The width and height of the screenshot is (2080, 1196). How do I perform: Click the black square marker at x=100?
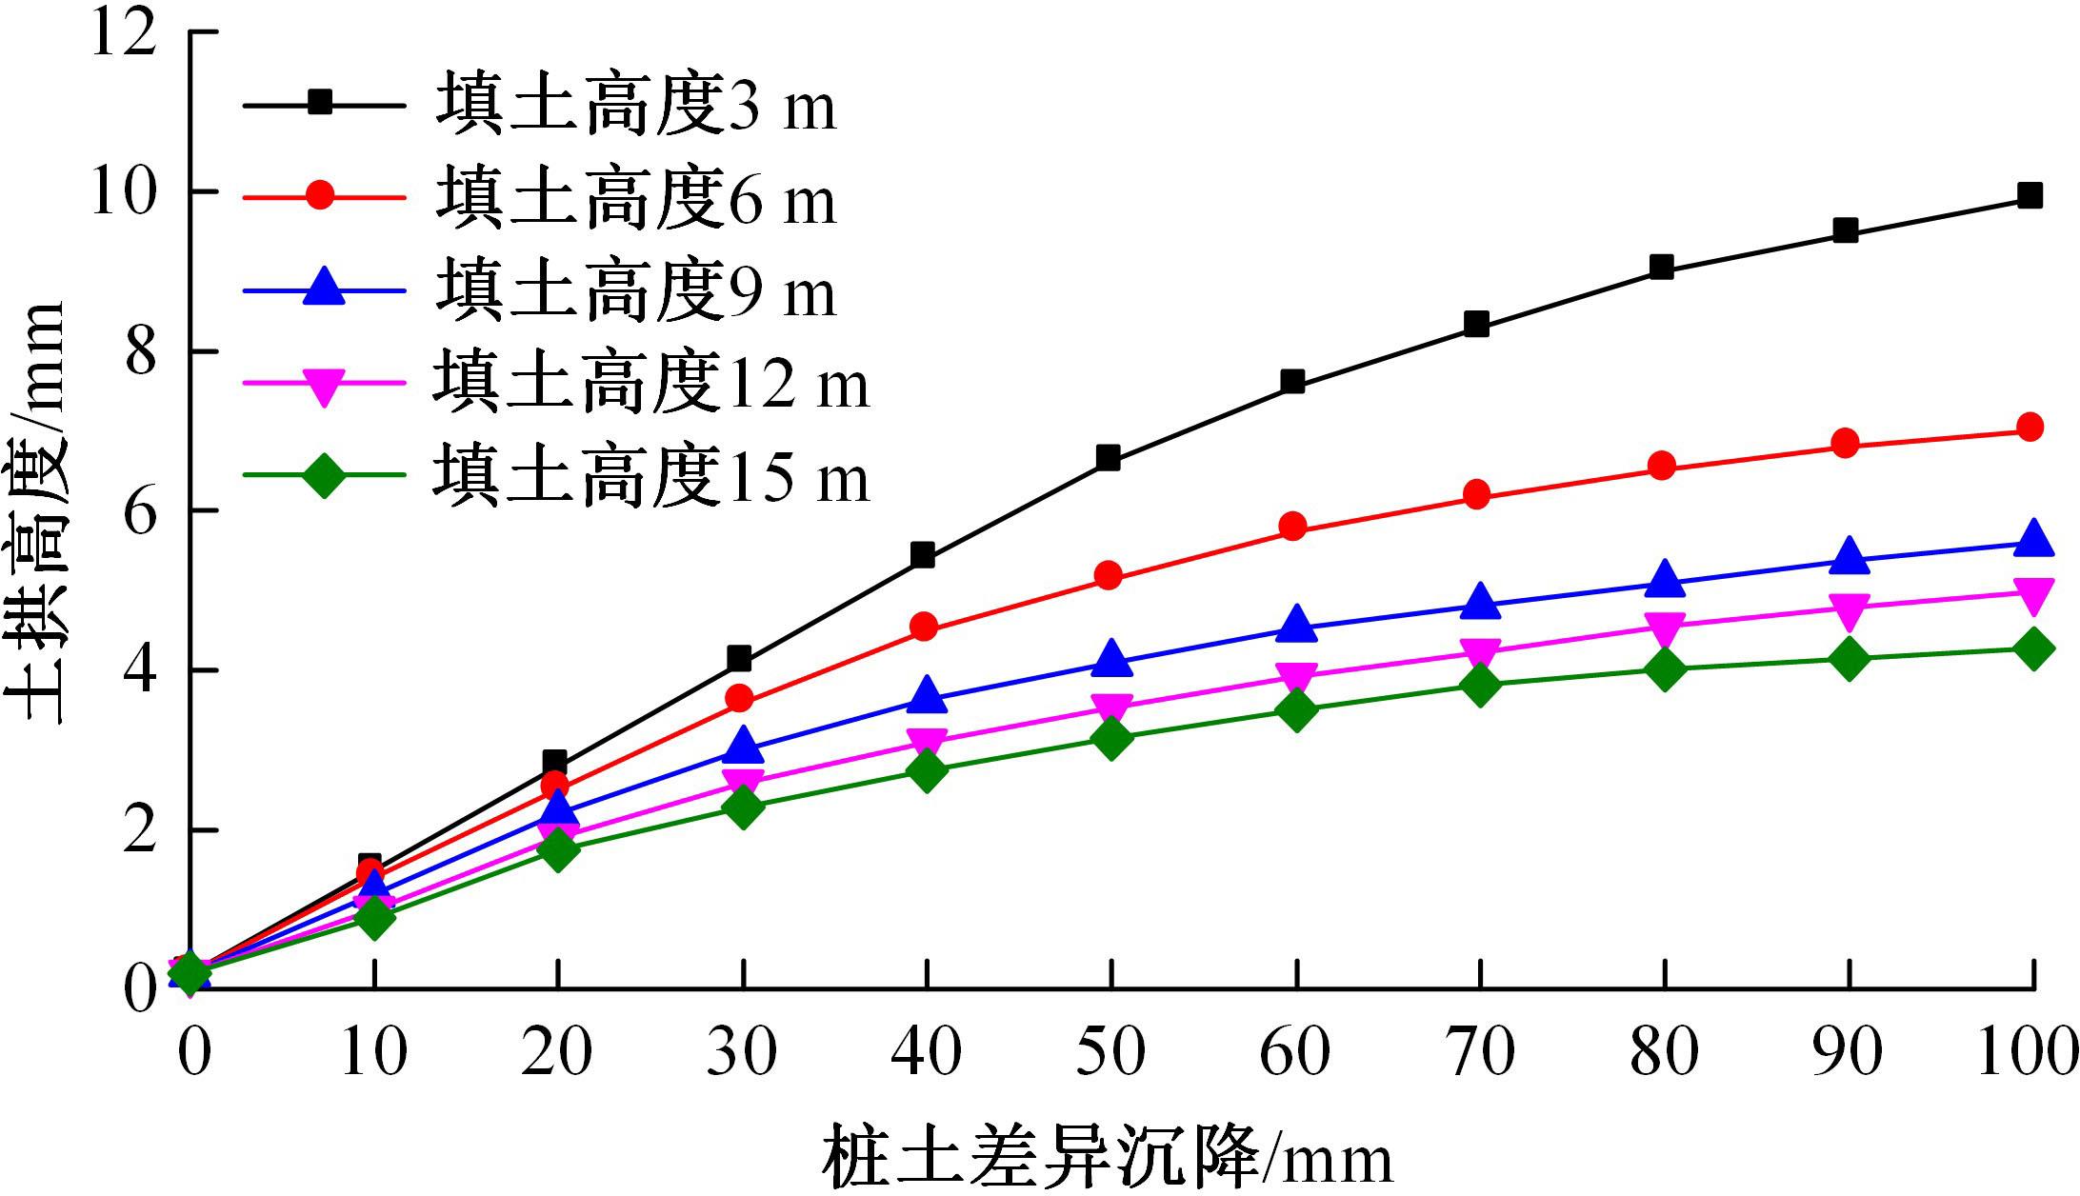pyautogui.click(x=2030, y=196)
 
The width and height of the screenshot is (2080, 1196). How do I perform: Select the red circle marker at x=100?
pyautogui.click(x=2030, y=427)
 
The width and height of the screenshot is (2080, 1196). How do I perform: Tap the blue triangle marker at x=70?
pyautogui.click(x=1479, y=603)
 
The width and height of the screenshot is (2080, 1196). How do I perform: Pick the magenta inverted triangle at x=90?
pyautogui.click(x=1849, y=610)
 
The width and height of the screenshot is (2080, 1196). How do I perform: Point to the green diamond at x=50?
pyautogui.click(x=1110, y=738)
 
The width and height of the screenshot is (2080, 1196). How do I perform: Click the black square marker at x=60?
pyautogui.click(x=1292, y=382)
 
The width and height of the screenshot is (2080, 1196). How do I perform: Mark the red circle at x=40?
pyautogui.click(x=924, y=628)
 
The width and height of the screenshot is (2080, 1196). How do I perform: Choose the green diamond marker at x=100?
pyautogui.click(x=2032, y=649)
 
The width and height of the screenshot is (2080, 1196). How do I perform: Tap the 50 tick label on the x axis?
pyautogui.click(x=1110, y=1052)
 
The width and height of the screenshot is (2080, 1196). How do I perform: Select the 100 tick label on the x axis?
pyautogui.click(x=2027, y=1052)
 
